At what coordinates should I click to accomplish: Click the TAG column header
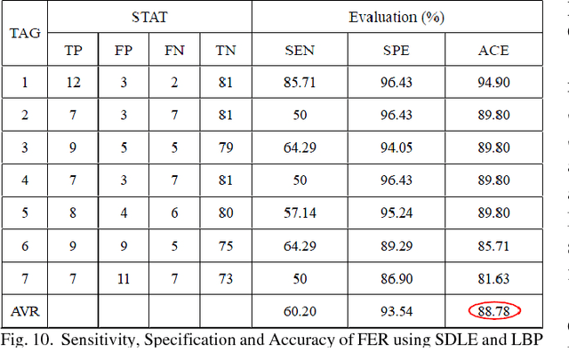click(24, 34)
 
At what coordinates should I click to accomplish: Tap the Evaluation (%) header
click(396, 17)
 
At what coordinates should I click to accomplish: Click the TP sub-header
click(73, 50)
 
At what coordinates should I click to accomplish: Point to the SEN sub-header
click(299, 50)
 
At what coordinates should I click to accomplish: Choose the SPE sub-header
click(396, 50)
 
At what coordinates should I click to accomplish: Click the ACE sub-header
click(493, 50)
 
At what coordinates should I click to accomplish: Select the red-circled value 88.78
click(493, 311)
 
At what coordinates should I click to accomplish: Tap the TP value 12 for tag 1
click(73, 84)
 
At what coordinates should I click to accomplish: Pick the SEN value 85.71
click(299, 84)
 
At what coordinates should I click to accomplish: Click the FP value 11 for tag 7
click(124, 278)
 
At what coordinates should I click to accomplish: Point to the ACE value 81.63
click(493, 278)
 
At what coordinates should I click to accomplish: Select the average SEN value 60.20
click(299, 311)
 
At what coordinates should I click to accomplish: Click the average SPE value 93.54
click(396, 311)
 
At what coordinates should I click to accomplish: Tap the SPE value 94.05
click(396, 148)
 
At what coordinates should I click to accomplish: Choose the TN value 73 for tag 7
click(224, 278)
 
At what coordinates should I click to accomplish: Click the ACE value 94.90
click(493, 84)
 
